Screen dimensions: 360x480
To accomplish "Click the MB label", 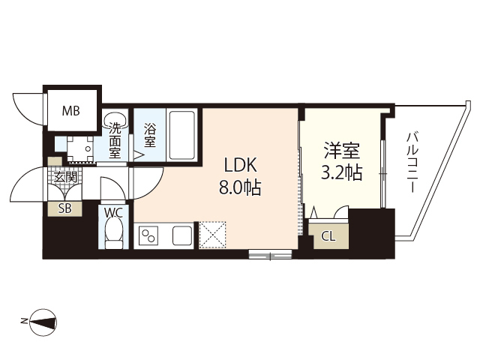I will [71, 112].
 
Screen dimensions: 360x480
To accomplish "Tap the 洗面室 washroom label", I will [115, 139].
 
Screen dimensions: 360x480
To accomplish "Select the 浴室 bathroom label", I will [149, 133].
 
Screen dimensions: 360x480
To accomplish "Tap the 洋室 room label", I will [341, 150].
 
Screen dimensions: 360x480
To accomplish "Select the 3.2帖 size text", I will [341, 173].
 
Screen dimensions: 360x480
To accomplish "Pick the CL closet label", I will [328, 237].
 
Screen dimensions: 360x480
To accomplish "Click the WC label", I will [113, 212].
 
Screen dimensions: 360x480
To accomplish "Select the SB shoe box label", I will [65, 209].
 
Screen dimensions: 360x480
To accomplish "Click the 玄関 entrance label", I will [65, 178].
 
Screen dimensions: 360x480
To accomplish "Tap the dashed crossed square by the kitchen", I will [212, 233].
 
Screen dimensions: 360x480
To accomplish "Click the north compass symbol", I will [44, 322].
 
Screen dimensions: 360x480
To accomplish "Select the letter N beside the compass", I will [25, 322].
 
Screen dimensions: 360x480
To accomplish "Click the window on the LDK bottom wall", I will [270, 254].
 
